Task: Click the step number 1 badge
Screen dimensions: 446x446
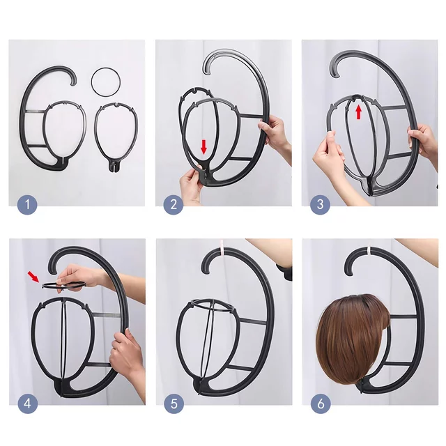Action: (27, 204)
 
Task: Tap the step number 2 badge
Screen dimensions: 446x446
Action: (174, 204)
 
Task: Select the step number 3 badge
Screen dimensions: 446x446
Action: (320, 204)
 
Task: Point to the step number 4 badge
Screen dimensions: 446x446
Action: (28, 403)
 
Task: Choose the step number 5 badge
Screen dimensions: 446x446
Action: (174, 403)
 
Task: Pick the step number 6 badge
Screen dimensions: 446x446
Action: (321, 403)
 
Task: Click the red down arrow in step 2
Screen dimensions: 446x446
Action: (203, 147)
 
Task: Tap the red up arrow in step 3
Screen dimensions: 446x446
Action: (359, 111)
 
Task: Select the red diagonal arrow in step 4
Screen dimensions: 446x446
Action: (33, 277)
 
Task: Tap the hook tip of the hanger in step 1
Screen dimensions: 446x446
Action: (73, 83)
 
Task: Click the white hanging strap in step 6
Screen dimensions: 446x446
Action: (369, 250)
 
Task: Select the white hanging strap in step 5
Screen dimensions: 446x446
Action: (222, 245)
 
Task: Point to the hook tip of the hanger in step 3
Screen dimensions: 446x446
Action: (335, 75)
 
